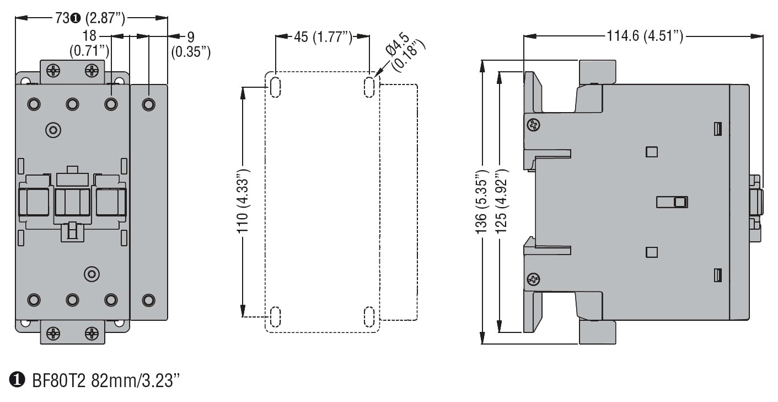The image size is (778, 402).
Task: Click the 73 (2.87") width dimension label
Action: coord(89,18)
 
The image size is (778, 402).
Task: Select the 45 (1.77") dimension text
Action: coord(323,37)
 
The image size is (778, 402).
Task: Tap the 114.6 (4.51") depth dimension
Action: coord(645,36)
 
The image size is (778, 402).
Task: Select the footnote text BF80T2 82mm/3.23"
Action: coord(105,380)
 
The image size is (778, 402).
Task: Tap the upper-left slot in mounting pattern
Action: coord(275,86)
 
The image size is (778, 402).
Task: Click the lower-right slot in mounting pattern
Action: coord(369,317)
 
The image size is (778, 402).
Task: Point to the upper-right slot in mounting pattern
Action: coord(369,86)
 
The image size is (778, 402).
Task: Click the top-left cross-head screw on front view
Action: coord(53,71)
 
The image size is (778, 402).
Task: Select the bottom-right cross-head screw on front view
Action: coord(92,333)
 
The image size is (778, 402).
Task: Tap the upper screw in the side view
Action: coord(533,125)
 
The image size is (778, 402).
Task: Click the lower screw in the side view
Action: coord(533,279)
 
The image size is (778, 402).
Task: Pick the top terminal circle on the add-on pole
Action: coord(148,104)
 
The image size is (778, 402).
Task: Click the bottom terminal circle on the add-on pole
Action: coord(148,300)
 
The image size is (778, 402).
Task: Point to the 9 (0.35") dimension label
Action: coord(191,45)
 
